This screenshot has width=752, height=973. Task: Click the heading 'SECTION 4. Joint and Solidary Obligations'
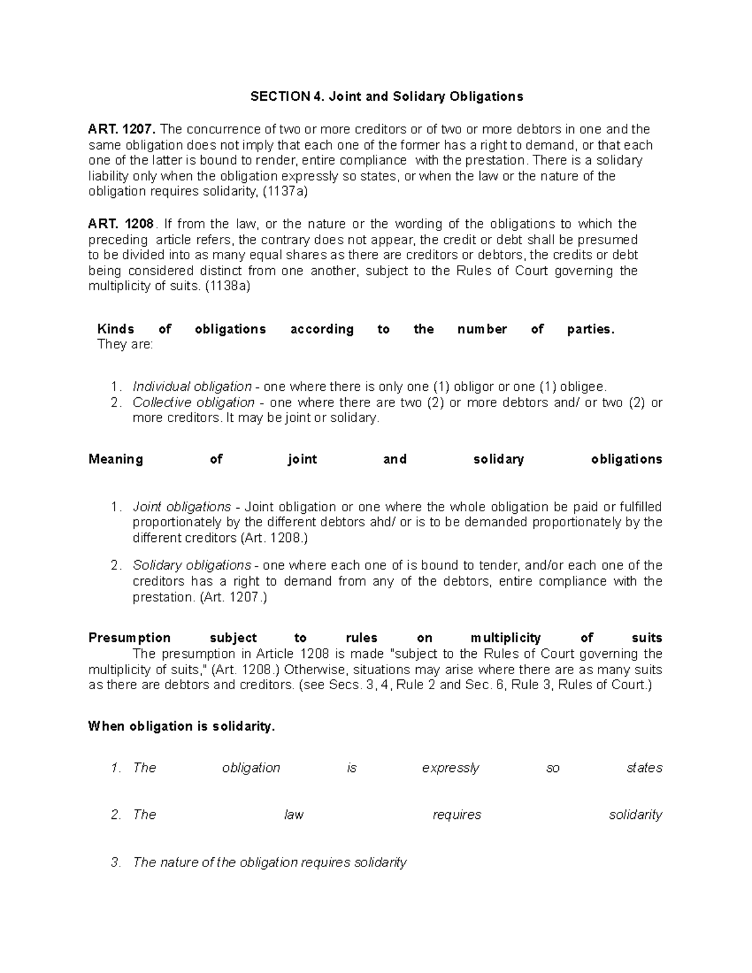point(387,96)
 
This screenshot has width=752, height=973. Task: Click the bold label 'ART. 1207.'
point(123,130)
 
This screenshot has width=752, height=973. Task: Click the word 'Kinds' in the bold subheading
point(116,330)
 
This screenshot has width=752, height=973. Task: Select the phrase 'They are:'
point(125,345)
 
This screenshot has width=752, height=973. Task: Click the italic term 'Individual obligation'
point(192,387)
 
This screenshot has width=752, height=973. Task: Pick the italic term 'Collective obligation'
point(194,402)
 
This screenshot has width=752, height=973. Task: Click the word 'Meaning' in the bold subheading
point(116,459)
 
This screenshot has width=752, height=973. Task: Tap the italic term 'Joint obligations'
point(182,506)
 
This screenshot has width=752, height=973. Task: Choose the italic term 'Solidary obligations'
point(192,565)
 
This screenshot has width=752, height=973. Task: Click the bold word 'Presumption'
point(130,638)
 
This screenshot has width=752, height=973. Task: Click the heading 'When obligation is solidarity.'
point(182,727)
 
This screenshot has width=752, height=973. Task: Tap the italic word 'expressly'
point(451,768)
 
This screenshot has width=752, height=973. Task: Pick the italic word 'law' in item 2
point(294,815)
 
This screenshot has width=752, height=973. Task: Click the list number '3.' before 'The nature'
point(116,863)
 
